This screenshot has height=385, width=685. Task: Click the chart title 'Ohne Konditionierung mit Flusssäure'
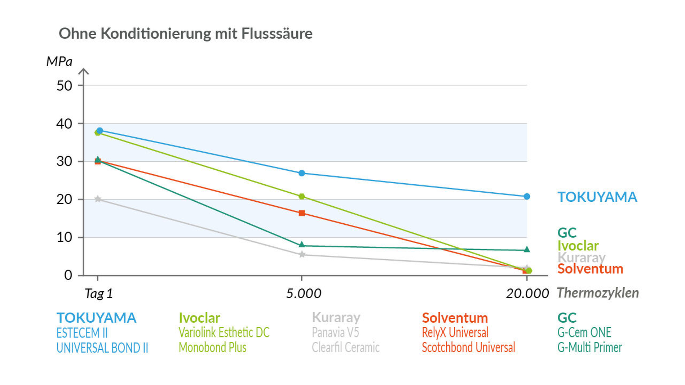[185, 33]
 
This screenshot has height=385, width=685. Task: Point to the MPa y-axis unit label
[59, 62]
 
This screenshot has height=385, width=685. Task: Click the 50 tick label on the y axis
[64, 86]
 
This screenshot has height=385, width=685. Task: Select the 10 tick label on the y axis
[64, 237]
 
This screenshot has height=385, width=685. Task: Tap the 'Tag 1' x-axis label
[98, 294]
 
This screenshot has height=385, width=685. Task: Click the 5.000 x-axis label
[303, 294]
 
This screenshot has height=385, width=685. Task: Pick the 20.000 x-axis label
[527, 294]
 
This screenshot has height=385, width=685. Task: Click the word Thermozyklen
[598, 293]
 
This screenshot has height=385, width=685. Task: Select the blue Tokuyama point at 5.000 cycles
[302, 173]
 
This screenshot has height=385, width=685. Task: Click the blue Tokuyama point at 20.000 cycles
[527, 197]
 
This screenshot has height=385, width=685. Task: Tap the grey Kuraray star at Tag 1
[98, 199]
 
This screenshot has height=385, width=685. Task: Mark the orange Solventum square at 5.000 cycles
[302, 213]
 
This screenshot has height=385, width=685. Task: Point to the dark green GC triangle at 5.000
[302, 245]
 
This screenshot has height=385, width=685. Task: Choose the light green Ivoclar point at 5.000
[302, 197]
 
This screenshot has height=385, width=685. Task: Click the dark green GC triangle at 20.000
[527, 249]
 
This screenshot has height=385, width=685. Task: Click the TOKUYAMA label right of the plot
[597, 197]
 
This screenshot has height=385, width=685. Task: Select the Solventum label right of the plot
[590, 269]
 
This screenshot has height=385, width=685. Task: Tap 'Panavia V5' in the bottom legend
[335, 332]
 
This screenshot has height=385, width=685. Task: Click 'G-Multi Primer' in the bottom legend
[589, 348]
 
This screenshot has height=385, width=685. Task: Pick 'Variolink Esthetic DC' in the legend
[224, 332]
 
